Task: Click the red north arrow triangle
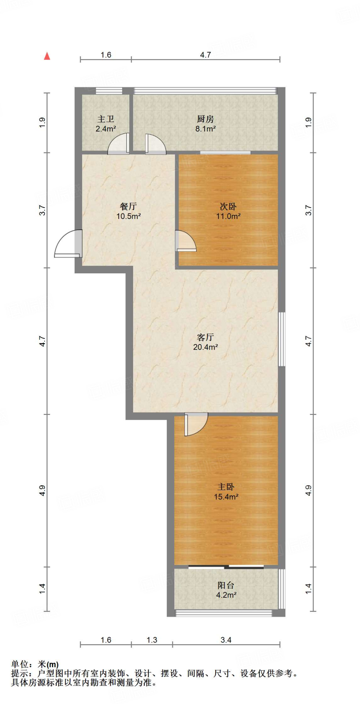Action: point(47,56)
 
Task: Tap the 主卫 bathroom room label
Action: point(106,119)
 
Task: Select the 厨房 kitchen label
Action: point(205,119)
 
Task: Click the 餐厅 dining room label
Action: point(128,206)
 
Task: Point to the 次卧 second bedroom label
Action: point(228,207)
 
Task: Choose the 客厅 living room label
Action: point(205,337)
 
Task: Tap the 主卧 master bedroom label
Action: point(226,487)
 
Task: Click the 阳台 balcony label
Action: point(226,585)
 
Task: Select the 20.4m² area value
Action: point(205,347)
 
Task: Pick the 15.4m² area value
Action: point(226,497)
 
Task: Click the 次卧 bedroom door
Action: point(185,241)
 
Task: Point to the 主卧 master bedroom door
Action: point(196,424)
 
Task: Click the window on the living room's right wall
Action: point(282,339)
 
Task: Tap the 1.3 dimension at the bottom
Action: point(152,640)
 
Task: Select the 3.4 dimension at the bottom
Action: point(226,640)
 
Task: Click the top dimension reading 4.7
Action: point(205,55)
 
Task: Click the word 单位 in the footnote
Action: point(20,664)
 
